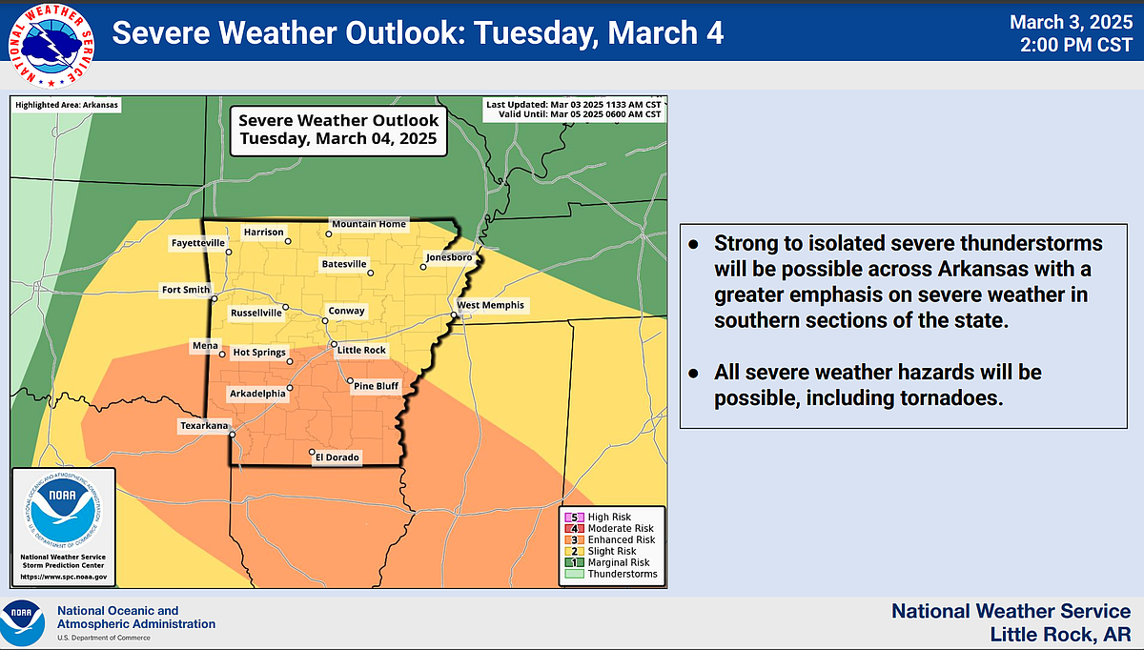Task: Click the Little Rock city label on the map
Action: tap(362, 351)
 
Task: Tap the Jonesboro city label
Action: tap(449, 257)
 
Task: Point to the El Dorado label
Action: tap(337, 458)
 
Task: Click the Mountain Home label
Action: tap(368, 225)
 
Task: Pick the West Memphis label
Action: tap(490, 306)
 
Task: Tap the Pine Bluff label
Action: tap(378, 386)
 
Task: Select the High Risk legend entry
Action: tap(611, 517)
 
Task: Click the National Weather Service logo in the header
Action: tap(55, 43)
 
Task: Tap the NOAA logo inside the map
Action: tap(63, 511)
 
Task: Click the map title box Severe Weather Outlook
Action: tap(338, 129)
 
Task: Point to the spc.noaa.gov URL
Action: tap(64, 578)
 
